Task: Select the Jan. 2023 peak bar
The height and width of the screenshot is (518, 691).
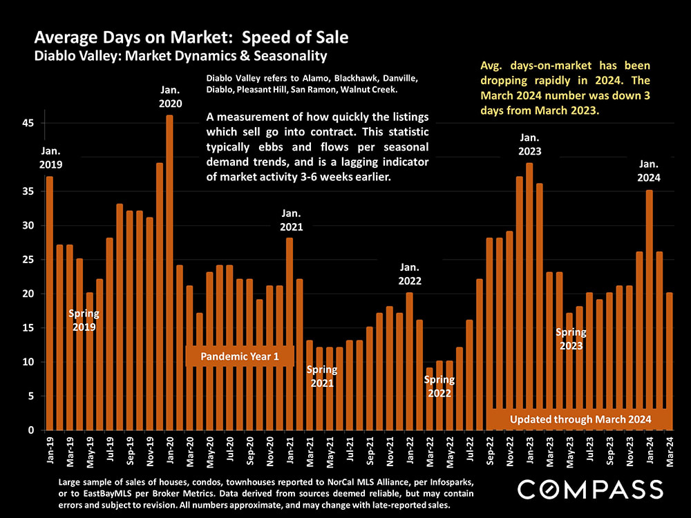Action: (x=529, y=296)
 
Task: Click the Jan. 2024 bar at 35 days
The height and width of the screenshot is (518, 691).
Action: (x=649, y=310)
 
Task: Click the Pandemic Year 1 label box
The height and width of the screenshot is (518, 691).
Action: (x=240, y=356)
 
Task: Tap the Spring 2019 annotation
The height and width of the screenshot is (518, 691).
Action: (x=84, y=320)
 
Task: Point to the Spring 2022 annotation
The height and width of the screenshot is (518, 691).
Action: (x=439, y=386)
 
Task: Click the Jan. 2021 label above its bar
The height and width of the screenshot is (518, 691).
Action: (x=290, y=220)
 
